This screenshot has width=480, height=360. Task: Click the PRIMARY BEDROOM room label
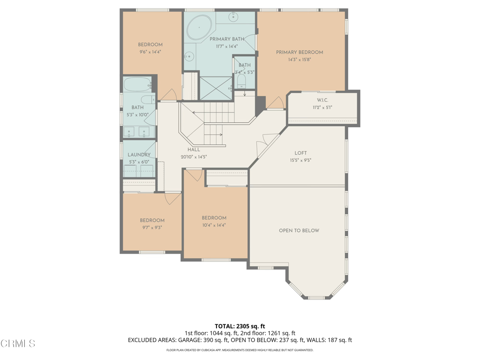click(x=300, y=52)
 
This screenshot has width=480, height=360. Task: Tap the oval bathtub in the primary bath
click(x=199, y=27)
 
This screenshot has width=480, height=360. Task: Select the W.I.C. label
click(x=322, y=100)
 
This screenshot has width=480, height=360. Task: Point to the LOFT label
click(x=300, y=153)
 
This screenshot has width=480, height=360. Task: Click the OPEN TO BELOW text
click(x=299, y=231)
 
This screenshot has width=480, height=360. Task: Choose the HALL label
click(x=194, y=150)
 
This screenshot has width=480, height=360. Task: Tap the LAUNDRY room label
click(x=139, y=155)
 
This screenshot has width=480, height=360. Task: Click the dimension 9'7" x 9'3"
click(x=152, y=228)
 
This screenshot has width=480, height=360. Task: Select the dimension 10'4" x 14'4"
click(x=214, y=225)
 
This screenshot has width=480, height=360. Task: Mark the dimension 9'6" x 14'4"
click(x=150, y=52)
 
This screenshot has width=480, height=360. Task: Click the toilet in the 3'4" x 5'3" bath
click(x=241, y=82)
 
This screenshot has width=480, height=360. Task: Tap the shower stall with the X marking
click(x=216, y=88)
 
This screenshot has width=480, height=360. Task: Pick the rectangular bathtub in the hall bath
click(x=136, y=84)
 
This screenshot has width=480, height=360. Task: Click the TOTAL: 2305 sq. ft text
click(x=240, y=326)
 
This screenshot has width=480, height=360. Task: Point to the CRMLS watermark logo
click(x=18, y=343)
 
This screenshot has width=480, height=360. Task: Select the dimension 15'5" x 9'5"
click(x=300, y=160)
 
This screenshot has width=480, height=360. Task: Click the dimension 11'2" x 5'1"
click(x=322, y=107)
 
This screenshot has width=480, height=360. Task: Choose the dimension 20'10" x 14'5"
click(x=194, y=157)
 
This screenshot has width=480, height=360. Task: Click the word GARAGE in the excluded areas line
click(x=190, y=340)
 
